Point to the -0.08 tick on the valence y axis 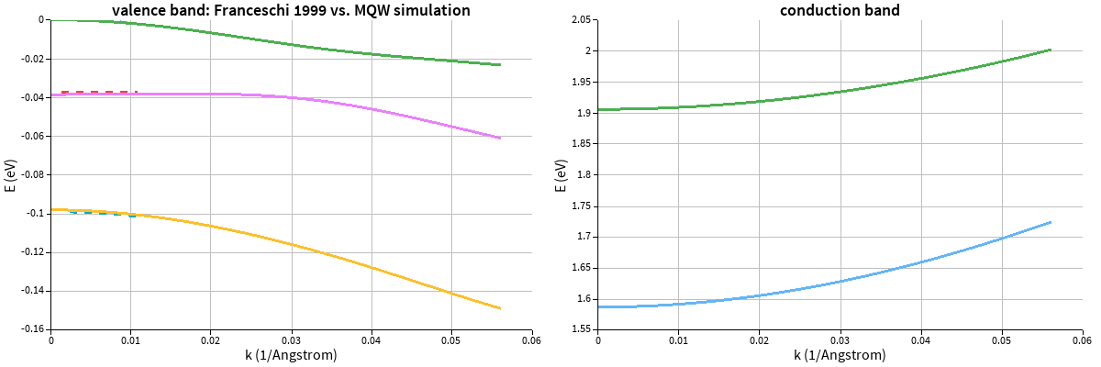pyautogui.click(x=33, y=175)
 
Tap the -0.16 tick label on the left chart pyautogui.click(x=33, y=329)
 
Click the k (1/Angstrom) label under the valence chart pyautogui.click(x=291, y=355)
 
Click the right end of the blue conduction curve pyautogui.click(x=1050, y=222)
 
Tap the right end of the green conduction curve pyautogui.click(x=1050, y=50)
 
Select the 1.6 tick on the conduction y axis pyautogui.click(x=583, y=299)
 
